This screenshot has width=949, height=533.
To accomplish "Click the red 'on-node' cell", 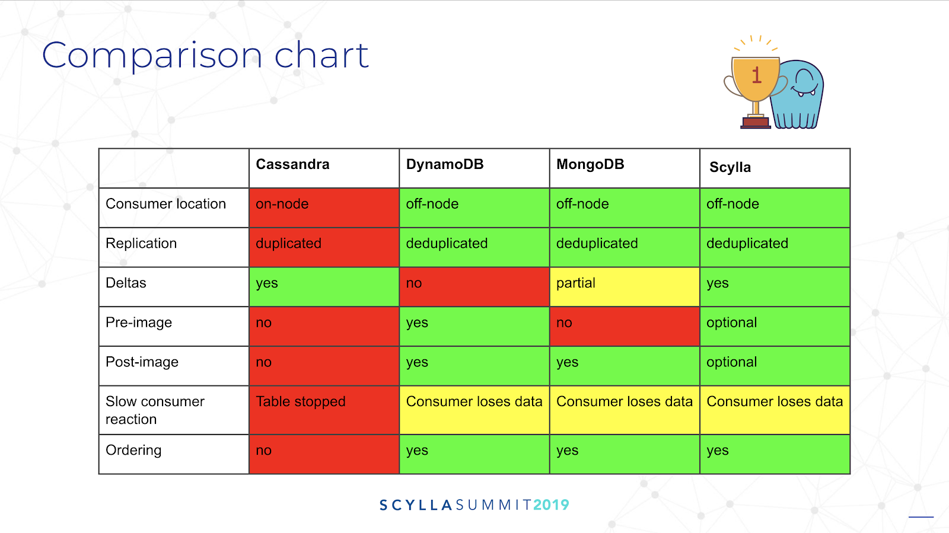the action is click(324, 208).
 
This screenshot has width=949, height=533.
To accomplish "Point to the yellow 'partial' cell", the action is click(625, 287).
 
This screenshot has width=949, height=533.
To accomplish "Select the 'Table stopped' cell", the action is click(324, 410).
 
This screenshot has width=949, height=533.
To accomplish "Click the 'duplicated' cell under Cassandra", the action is click(324, 247).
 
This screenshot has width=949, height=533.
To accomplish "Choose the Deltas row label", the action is click(126, 283).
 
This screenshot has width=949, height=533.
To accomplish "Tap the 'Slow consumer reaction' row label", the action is click(155, 410).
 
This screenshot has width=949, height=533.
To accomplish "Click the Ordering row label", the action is click(133, 451).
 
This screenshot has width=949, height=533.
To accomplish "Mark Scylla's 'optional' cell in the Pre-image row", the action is click(775, 327).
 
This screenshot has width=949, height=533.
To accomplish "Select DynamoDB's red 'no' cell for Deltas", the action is click(474, 287).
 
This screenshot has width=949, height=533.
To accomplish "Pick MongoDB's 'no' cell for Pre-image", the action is click(625, 327).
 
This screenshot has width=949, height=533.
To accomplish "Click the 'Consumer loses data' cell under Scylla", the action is click(775, 410).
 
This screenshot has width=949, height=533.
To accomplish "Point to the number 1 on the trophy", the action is click(757, 75).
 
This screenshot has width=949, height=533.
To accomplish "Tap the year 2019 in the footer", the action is click(551, 505).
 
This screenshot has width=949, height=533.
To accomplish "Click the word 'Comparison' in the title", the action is click(152, 56).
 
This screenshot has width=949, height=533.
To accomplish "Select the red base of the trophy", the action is click(756, 123).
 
